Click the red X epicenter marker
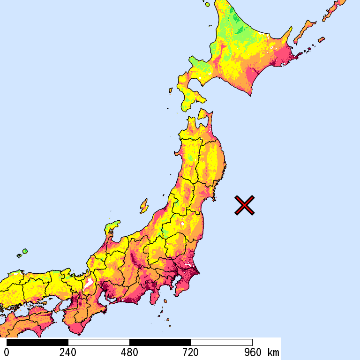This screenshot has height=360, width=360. click(x=244, y=205)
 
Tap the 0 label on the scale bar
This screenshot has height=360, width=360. click(x=7, y=352)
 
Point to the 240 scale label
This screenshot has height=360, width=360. click(x=68, y=352)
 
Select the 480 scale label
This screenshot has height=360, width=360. click(x=129, y=352)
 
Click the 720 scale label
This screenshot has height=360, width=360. click(x=191, y=352)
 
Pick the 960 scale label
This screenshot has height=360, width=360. click(x=252, y=352)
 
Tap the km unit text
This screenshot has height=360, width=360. click(x=273, y=352)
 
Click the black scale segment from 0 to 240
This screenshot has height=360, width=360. click(x=37, y=342)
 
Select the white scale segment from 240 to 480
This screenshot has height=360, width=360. click(x=99, y=342)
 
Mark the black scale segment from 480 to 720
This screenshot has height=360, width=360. click(x=160, y=342)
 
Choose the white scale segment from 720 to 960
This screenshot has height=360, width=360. click(x=222, y=342)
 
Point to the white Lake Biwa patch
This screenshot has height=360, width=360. click(x=88, y=283)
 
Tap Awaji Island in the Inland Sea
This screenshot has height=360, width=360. click(x=58, y=307)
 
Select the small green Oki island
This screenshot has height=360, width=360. click(x=24, y=252)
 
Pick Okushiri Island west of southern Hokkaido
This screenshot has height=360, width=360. click(x=170, y=90)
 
